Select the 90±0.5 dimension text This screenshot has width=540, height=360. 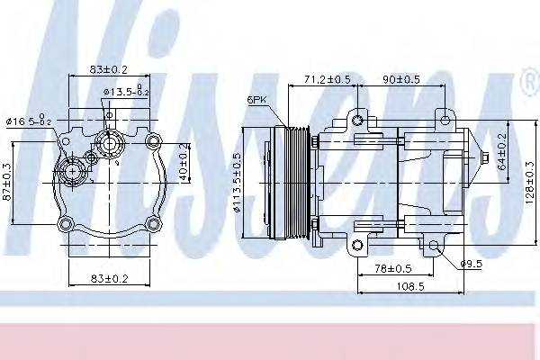[400, 79]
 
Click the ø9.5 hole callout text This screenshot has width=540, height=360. [471, 263]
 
